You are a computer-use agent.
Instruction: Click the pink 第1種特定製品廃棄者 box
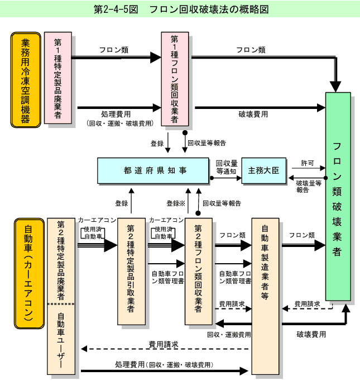coord(57,78)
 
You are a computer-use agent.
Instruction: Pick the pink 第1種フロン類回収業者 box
coord(174,78)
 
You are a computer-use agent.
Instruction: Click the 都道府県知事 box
coord(152,171)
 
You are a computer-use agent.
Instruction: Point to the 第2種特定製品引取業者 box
coord(131,270)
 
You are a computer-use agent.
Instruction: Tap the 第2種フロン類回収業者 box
coord(198,270)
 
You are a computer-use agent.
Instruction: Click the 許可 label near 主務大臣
coord(306,163)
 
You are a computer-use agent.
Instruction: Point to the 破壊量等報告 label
coord(308,186)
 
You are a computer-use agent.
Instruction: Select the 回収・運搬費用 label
coord(229,335)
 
